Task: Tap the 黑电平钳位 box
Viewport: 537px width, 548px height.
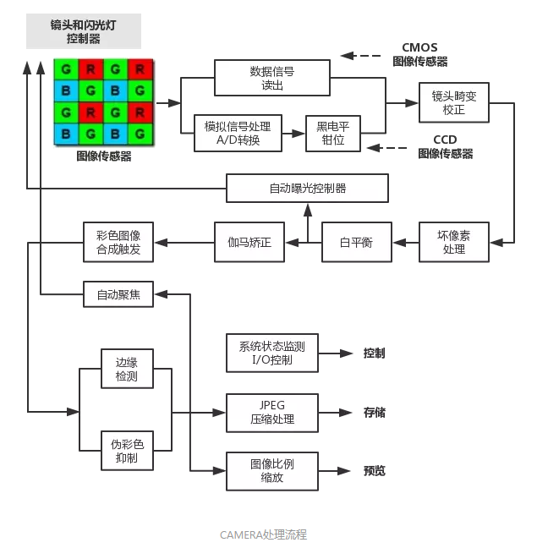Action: [332, 134]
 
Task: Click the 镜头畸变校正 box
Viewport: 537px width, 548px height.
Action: [454, 102]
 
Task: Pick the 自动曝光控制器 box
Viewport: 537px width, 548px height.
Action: [307, 188]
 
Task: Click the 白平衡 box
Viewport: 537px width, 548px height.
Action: [356, 243]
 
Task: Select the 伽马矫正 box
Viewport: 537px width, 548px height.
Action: [249, 243]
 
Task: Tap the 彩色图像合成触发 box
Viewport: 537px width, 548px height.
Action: [118, 243]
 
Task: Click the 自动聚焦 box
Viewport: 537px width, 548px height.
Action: [118, 294]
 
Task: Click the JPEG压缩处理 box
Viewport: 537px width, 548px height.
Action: [272, 413]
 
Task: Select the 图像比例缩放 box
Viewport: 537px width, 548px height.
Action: [272, 470]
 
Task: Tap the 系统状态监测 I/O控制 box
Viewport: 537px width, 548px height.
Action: [272, 353]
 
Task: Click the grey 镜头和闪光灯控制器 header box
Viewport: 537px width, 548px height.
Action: [83, 30]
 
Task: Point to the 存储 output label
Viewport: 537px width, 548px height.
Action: [374, 413]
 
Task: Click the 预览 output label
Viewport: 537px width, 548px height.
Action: [374, 470]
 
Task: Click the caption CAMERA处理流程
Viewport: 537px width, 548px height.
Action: [263, 534]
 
